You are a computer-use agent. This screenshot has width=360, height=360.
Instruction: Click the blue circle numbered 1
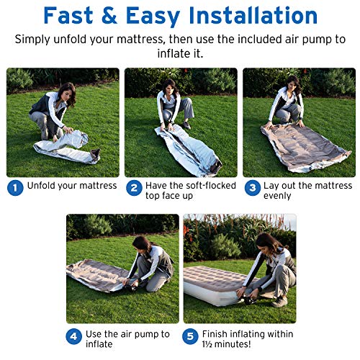(x=15, y=186)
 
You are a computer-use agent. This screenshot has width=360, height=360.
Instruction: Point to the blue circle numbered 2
(x=133, y=186)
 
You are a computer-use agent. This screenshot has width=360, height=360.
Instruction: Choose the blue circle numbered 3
(x=252, y=186)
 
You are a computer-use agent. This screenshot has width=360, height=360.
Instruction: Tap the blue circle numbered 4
(x=74, y=336)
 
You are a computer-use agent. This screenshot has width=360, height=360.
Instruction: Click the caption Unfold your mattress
(x=72, y=186)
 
